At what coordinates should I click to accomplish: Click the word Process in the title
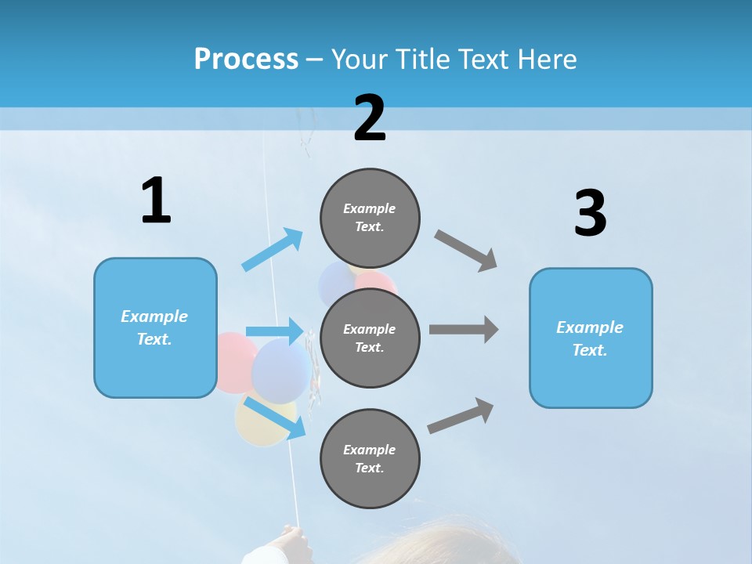coord(246,59)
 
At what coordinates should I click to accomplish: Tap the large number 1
coord(156,201)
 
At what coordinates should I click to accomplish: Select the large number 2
coord(370,118)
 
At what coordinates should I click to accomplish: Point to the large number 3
coord(590,213)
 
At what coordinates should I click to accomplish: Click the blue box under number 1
coord(155,327)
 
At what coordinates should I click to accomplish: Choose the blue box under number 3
coord(591,338)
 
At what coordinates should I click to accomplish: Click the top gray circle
coord(370,218)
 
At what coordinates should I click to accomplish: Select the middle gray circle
coord(370,338)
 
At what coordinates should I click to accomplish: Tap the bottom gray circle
coord(370,458)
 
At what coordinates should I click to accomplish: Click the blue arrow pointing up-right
coord(273,249)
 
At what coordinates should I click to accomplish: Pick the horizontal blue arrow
coord(275,331)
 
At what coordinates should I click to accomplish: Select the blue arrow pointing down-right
coord(274,418)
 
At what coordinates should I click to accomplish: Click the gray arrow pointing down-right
coord(466,250)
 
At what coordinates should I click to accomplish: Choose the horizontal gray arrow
coord(464,330)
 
